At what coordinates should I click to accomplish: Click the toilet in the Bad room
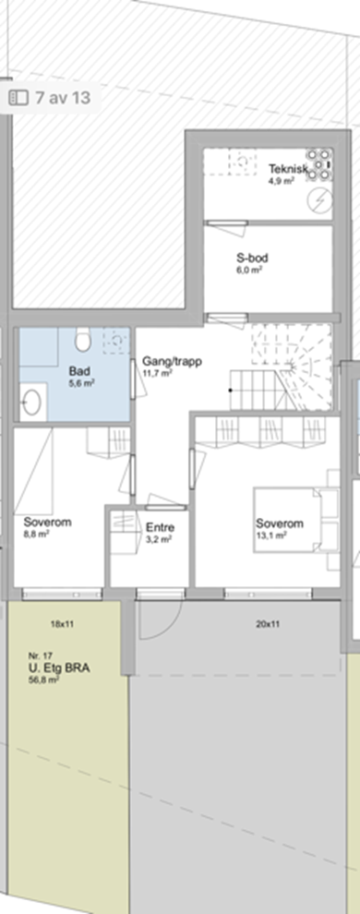[82, 339]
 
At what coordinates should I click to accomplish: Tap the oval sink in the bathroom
[31, 403]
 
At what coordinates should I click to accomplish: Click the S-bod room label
[252, 258]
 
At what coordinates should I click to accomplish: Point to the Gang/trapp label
[173, 361]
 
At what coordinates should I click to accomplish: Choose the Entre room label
[161, 528]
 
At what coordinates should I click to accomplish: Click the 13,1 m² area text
[270, 535]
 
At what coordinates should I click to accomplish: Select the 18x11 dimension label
[63, 624]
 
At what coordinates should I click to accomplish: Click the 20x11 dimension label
[268, 624]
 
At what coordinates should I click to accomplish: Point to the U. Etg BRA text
[59, 668]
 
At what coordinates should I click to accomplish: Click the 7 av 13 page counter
[63, 97]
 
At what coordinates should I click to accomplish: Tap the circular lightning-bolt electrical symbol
[318, 200]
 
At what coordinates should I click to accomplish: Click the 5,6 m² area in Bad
[81, 382]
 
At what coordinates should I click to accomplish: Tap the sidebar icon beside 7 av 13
[18, 98]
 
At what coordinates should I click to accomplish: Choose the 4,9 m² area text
[282, 181]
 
